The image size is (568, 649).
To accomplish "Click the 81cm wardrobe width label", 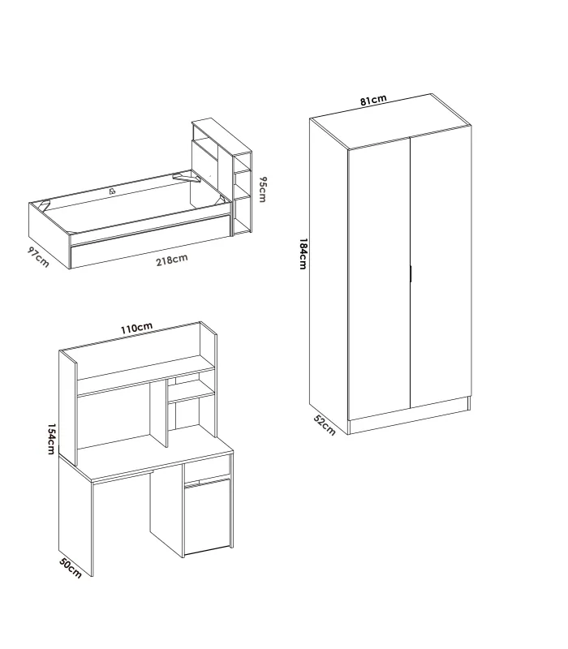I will coord(373,100).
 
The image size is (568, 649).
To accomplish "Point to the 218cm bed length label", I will coord(171,260).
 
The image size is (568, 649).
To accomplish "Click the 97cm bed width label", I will coord(37,256).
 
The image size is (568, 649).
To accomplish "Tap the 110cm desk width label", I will coord(136,328).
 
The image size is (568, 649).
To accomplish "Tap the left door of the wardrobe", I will coord(379,280).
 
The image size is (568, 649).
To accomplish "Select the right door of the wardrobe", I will coord(441,268).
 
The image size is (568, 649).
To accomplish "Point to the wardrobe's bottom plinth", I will coord(410,415).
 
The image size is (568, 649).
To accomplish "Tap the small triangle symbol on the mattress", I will coord(112,191).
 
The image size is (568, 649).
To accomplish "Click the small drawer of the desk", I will coord(207,471).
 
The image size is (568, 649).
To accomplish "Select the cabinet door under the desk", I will coord(208,516).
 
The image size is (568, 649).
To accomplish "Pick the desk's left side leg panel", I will coord(76,519).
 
